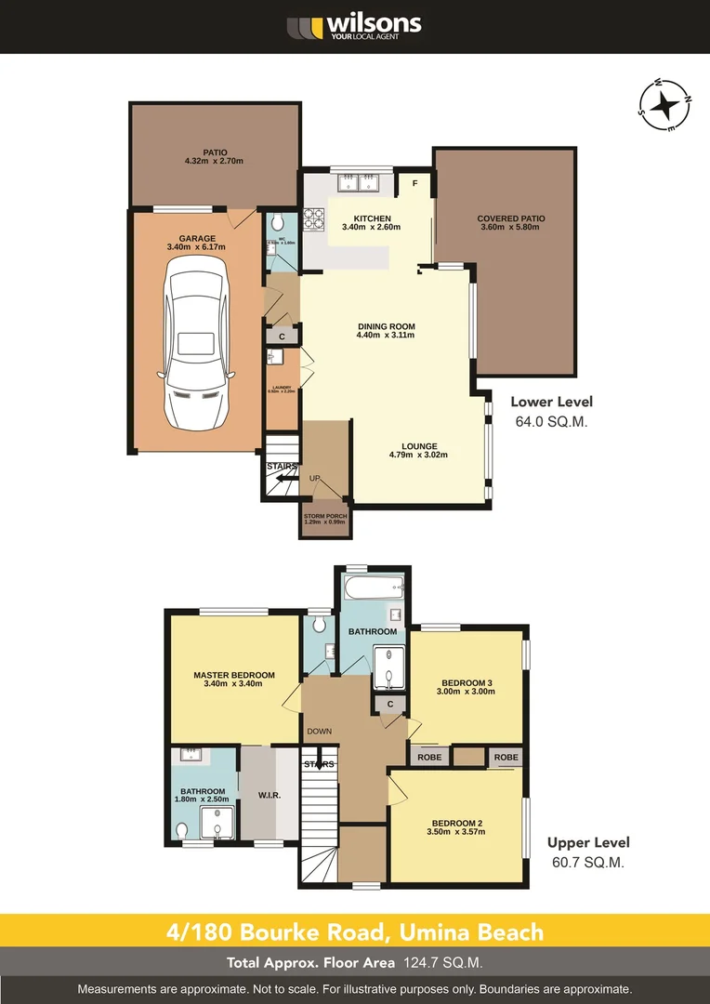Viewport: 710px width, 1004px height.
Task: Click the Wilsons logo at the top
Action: (x=354, y=26)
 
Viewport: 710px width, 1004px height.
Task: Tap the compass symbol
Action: (x=665, y=107)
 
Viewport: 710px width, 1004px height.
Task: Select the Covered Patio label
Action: (x=512, y=223)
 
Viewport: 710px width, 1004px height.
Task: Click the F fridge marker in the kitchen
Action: (x=414, y=183)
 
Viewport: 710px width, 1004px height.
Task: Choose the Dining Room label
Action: (x=386, y=330)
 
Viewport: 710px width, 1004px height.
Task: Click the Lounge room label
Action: (x=418, y=450)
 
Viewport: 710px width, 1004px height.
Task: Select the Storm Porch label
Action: (x=324, y=519)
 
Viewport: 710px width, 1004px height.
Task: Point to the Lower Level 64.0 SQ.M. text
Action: (x=551, y=411)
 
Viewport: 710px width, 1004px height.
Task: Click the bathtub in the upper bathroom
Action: (x=374, y=588)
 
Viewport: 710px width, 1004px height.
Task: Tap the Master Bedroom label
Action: (x=234, y=679)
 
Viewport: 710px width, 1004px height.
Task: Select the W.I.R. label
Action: (x=270, y=795)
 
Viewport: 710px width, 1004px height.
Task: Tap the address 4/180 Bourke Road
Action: (x=354, y=931)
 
